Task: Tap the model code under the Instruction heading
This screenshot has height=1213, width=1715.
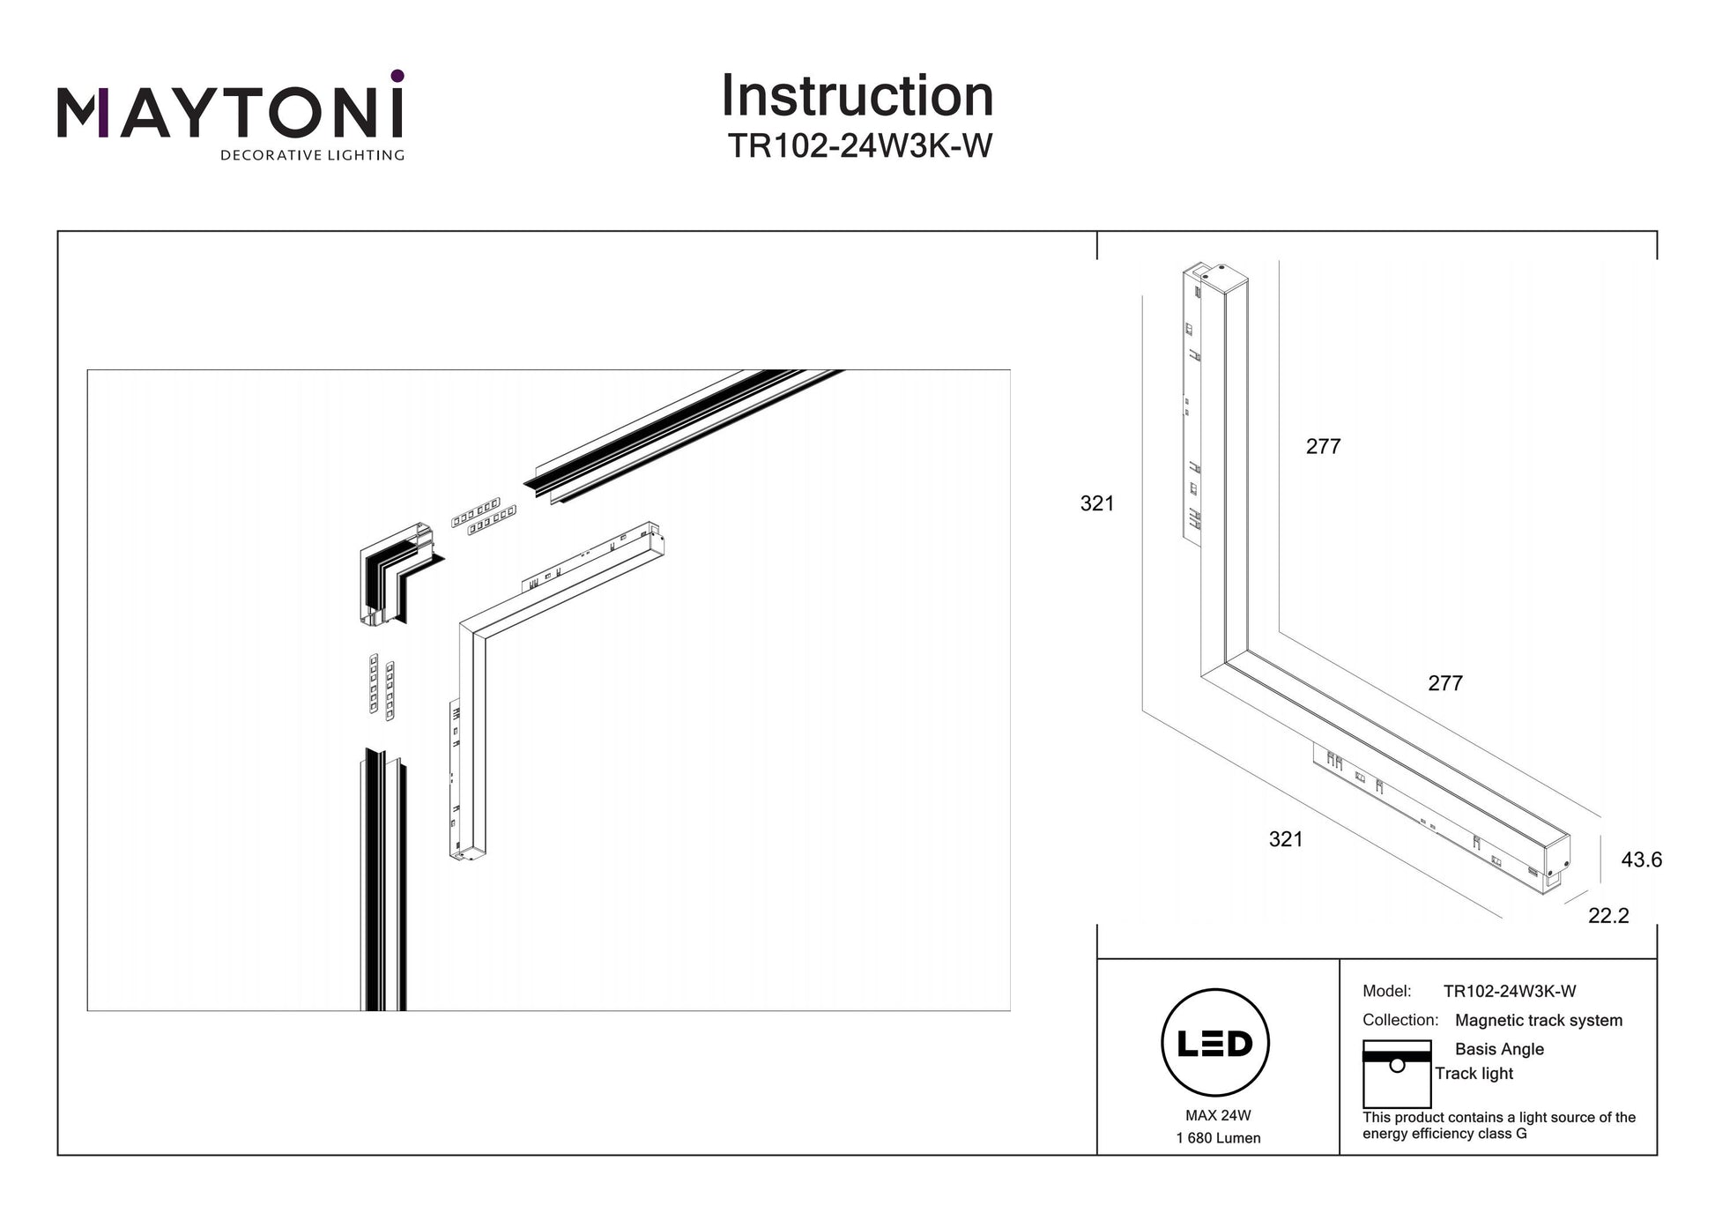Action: pos(859,146)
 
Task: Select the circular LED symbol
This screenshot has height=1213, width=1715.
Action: pos(1214,1043)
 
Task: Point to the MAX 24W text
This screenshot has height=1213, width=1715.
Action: pos(1218,1115)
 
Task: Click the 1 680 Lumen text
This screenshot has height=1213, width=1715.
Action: pos(1218,1138)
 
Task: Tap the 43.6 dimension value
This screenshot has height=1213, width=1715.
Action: pos(1641,860)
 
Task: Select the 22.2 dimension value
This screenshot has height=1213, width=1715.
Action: pos(1608,916)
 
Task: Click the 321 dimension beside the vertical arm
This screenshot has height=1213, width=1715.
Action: pos(1097,503)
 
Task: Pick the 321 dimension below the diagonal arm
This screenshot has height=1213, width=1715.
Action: pos(1286,839)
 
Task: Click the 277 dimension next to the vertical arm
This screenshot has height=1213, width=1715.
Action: pos(1323,447)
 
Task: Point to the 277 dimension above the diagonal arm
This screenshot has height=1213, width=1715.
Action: pos(1445,683)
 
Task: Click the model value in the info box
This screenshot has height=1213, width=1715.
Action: pos(1510,991)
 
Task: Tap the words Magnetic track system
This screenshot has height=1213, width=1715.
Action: pos(1538,1020)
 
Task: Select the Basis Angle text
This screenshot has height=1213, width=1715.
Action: pos(1499,1049)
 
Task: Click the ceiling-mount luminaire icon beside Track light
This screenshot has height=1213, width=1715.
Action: pos(1396,1074)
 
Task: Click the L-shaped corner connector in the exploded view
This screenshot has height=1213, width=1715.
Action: pos(398,574)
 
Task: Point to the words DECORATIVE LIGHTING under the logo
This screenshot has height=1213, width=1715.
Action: pos(312,156)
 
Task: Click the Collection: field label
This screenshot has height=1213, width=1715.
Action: pos(1400,1020)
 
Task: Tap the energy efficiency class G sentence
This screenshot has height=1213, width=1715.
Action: pos(1498,1126)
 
